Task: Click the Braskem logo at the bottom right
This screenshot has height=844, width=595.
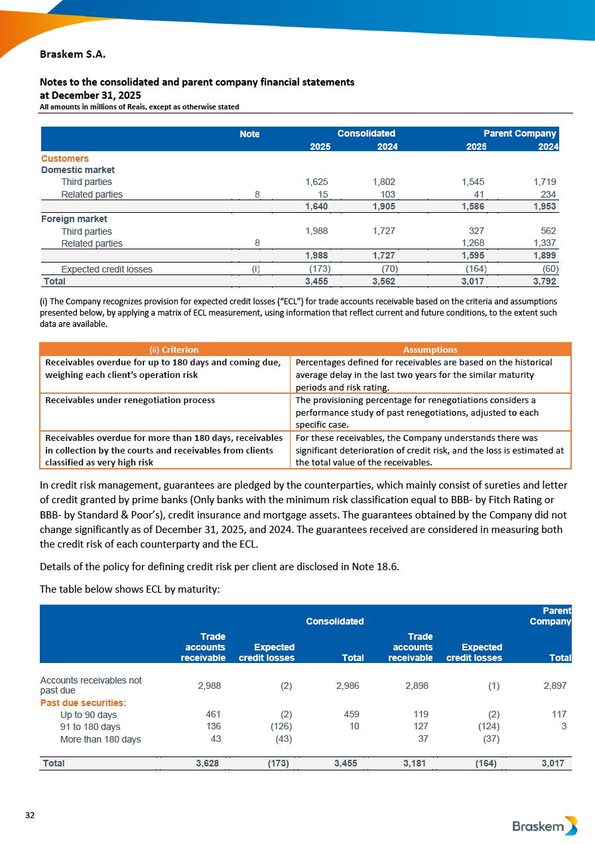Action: point(545,825)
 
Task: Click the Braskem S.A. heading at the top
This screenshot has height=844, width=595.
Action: point(73,54)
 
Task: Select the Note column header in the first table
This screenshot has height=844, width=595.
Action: point(249,134)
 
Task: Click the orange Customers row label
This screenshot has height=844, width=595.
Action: point(65,158)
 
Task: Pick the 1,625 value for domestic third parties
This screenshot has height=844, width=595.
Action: point(316,182)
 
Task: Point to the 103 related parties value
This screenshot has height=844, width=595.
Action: point(388,194)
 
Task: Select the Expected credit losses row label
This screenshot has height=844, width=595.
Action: point(107,269)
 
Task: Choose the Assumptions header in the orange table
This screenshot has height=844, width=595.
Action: point(430,349)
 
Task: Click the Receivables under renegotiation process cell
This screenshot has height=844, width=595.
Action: point(130,400)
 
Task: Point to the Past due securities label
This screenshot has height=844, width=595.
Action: point(84,703)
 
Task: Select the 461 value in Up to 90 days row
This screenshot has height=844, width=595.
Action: point(214,715)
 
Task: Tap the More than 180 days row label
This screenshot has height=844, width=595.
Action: point(101,739)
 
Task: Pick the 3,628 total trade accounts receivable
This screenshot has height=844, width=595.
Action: point(208,763)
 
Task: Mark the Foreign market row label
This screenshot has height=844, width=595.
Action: point(74,219)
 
